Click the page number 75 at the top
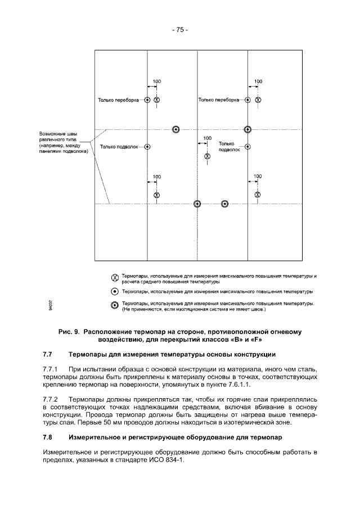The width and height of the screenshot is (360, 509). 179,30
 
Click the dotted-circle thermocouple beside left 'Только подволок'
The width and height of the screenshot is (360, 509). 147,147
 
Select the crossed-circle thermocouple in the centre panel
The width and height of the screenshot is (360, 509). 207,156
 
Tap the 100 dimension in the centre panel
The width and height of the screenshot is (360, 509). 207,138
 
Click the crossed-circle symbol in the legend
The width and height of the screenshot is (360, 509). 114,278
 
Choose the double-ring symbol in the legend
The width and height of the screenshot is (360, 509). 114,305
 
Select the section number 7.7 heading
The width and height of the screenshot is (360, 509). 48,355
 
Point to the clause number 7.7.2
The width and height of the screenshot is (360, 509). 51,398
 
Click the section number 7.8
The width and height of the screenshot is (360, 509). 48,436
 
